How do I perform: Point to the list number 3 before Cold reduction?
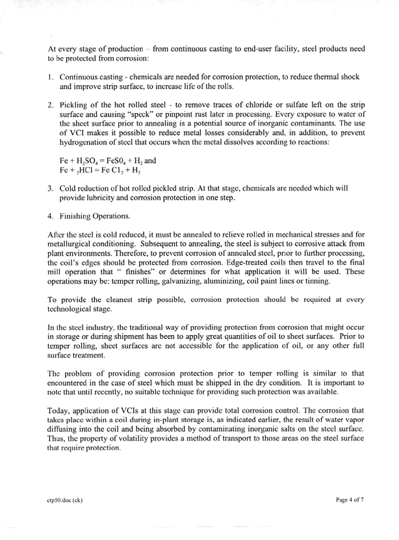click(x=52, y=195)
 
